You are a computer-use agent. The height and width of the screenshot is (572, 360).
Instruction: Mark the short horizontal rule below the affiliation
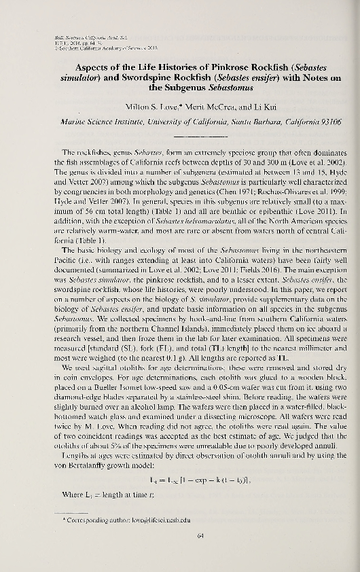tap(181, 135)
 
